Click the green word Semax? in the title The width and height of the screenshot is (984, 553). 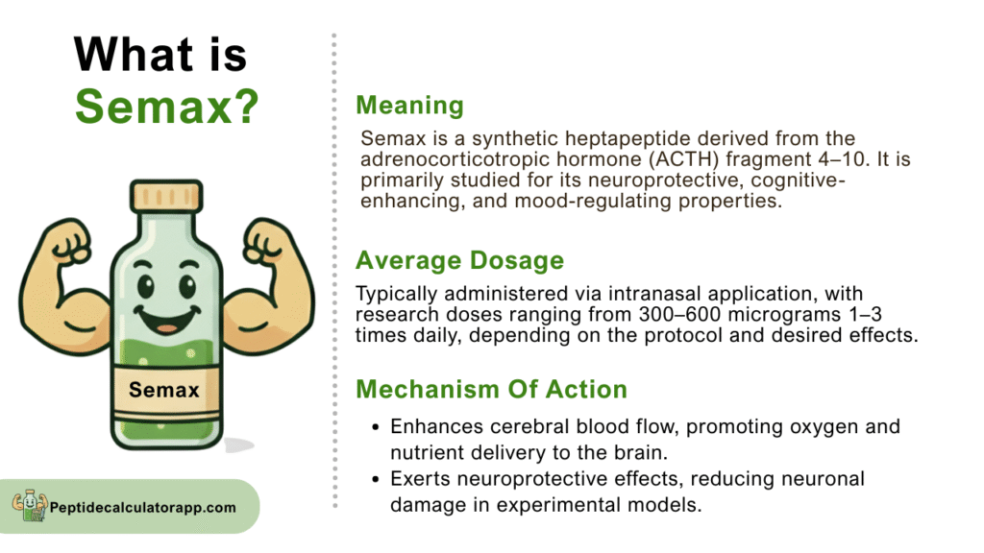(x=166, y=107)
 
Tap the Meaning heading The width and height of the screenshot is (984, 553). (x=409, y=106)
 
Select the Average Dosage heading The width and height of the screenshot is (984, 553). (x=460, y=260)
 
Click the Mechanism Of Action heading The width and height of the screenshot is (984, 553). (x=491, y=390)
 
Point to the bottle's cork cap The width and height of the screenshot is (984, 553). (x=166, y=196)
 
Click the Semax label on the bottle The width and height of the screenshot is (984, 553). (x=163, y=390)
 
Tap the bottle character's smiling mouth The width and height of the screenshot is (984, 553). (x=167, y=319)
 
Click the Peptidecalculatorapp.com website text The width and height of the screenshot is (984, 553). (x=143, y=507)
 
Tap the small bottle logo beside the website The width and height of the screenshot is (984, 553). (x=30, y=506)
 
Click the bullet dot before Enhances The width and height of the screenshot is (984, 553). (x=376, y=427)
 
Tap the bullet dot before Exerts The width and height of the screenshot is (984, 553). (x=376, y=480)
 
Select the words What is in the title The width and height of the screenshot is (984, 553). (x=160, y=54)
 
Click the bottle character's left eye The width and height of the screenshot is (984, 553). (x=146, y=287)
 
